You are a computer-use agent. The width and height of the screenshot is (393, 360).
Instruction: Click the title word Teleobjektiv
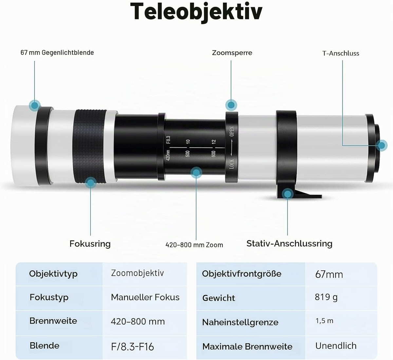196,12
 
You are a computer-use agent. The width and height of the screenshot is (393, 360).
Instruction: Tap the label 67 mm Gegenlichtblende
57,52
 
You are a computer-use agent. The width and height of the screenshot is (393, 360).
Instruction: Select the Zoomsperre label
232,53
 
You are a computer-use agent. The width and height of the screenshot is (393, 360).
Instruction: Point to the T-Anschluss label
341,53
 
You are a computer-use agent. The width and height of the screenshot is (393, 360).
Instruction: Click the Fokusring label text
90,244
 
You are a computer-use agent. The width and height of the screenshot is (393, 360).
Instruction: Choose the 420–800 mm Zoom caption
194,245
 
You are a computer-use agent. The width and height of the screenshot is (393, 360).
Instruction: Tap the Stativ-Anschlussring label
290,244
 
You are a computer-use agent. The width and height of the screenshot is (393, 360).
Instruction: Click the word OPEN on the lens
232,132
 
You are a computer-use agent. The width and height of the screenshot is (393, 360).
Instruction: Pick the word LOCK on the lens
232,164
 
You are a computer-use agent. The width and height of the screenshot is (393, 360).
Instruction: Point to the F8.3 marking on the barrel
168,140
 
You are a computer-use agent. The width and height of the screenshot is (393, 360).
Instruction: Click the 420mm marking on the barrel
168,155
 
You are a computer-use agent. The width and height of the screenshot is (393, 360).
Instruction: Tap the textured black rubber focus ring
90,146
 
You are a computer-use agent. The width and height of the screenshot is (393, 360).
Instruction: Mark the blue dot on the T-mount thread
382,145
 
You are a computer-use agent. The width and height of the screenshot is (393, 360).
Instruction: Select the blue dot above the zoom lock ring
231,105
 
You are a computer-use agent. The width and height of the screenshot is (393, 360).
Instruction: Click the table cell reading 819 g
326,297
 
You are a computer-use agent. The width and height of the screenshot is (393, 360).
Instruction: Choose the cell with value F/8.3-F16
132,347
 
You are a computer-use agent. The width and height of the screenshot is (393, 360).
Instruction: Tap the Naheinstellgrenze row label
240,322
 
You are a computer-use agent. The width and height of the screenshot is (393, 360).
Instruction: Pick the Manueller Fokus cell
145,297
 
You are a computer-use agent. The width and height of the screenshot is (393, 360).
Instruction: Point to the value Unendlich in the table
336,346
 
